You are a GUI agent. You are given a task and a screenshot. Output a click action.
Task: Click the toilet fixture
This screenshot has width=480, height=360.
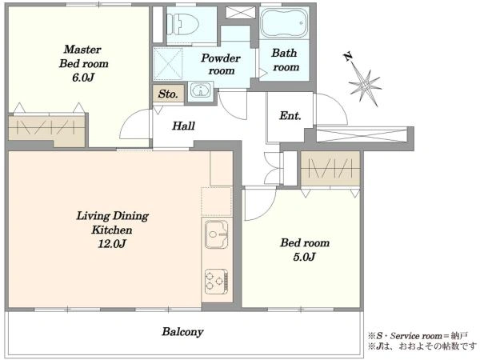[182, 24]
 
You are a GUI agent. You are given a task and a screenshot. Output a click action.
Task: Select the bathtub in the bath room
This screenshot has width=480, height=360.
[284, 23]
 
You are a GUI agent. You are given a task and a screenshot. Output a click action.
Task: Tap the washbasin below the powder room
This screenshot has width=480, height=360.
[200, 90]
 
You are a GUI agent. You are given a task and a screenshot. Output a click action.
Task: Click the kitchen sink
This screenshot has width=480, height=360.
[217, 234]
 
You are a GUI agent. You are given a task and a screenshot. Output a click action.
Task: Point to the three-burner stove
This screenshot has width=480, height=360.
[217, 282]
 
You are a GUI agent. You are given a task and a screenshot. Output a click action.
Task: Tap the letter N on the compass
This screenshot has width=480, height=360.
[348, 57]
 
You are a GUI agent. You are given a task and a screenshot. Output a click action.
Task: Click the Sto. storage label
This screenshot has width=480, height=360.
[168, 94]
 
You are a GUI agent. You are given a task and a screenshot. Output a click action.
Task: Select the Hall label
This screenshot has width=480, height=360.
[183, 126]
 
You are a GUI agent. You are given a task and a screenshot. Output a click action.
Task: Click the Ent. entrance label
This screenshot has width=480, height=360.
[290, 116]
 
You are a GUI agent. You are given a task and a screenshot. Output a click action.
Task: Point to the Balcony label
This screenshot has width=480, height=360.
[182, 332]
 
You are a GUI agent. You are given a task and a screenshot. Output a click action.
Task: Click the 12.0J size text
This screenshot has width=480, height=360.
[112, 244]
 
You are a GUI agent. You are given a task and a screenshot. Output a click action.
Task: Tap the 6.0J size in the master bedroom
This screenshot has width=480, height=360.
[83, 78]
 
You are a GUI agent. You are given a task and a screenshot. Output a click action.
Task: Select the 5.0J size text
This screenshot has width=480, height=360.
[304, 257]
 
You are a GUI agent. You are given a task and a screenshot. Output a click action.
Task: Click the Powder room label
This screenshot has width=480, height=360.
[221, 64]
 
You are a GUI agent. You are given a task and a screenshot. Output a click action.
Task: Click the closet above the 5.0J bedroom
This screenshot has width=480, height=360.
[330, 168]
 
